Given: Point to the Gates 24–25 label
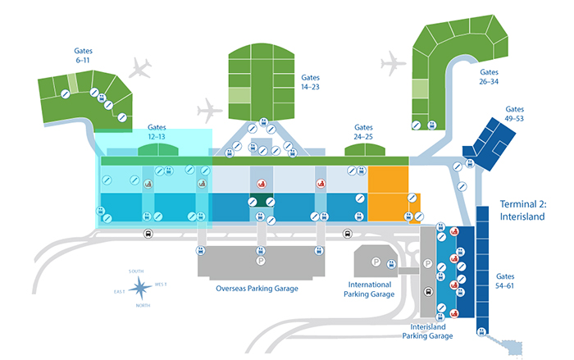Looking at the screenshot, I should pyautogui.click(x=363, y=132).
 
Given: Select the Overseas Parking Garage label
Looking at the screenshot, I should pyautogui.click(x=256, y=289).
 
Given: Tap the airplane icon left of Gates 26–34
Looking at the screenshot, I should pyautogui.click(x=393, y=62).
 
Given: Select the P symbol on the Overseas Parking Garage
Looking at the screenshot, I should pyautogui.click(x=261, y=261).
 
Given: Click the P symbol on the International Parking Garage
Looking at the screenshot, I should pyautogui.click(x=375, y=262).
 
